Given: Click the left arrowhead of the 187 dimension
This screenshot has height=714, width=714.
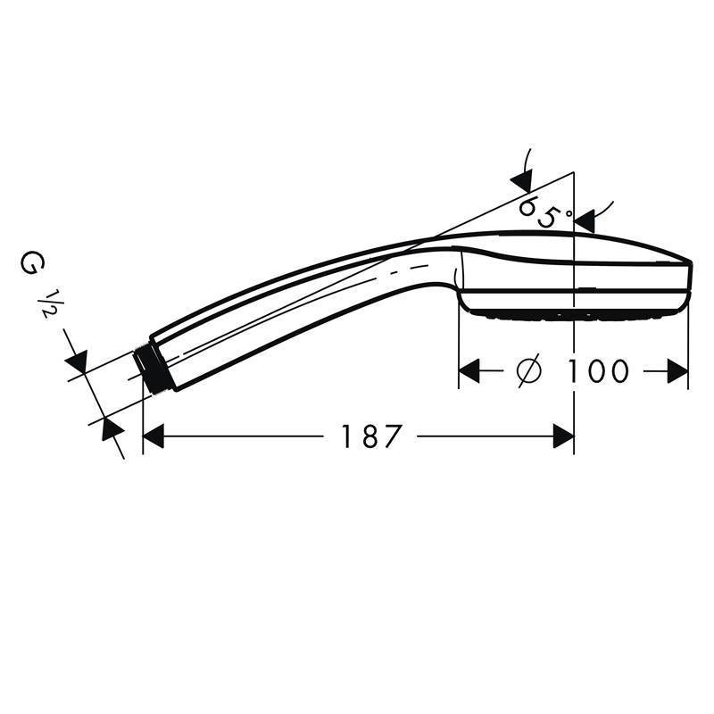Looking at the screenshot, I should pos(154,436).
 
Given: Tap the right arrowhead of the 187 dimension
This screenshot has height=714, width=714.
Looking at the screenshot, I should pos(563,436).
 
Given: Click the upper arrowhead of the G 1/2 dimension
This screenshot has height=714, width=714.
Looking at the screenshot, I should pos(77,361).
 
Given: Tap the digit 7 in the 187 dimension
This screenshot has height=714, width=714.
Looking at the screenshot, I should pos(393,436).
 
